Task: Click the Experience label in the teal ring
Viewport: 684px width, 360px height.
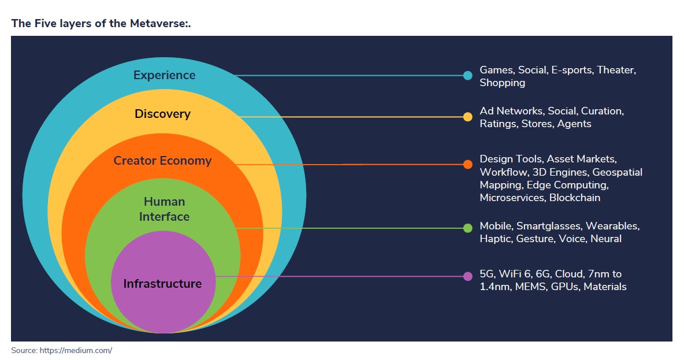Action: coord(164,75)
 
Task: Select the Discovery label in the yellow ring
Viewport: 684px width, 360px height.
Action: coord(162,114)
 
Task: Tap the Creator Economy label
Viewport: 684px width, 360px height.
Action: coord(162,161)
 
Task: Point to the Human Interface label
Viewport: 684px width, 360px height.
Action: coord(164,209)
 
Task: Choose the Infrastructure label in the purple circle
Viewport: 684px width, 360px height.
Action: coord(162,284)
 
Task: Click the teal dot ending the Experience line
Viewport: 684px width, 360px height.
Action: coord(468,76)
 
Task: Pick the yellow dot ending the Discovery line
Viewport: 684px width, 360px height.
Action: coord(468,117)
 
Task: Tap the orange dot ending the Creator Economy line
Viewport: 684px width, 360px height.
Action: coord(468,165)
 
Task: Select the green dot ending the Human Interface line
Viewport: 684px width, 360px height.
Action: coord(468,228)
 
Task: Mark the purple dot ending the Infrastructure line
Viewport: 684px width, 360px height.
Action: coord(468,276)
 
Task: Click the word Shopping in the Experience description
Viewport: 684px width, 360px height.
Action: coord(502,83)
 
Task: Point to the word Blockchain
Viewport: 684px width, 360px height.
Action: coord(574,198)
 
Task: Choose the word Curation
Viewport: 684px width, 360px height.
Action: coord(602,111)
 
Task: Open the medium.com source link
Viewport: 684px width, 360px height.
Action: coord(76,350)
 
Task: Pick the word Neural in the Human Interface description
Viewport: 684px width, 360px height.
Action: coord(605,239)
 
